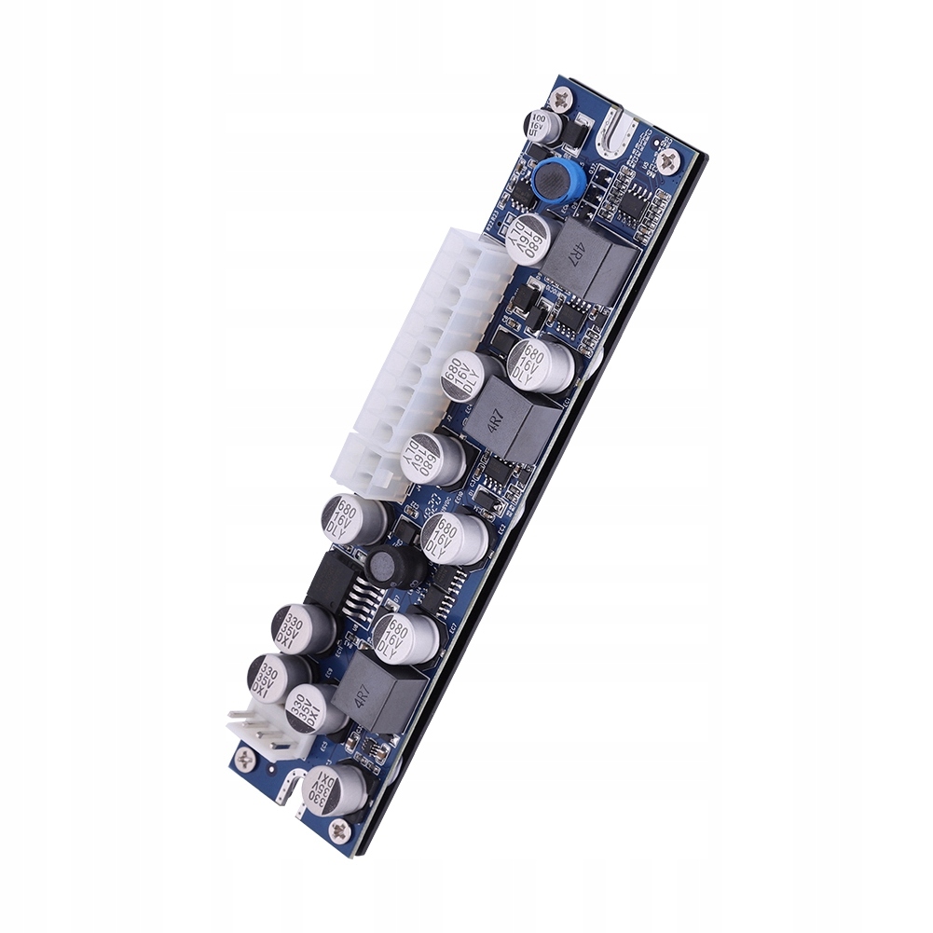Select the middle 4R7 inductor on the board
pos(510,417)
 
